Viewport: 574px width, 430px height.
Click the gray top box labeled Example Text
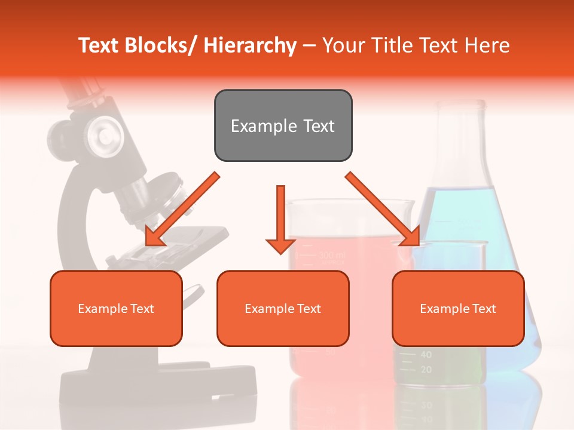(x=283, y=125)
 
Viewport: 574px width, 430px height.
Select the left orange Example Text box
(x=116, y=308)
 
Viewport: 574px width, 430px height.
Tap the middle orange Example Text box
(x=283, y=308)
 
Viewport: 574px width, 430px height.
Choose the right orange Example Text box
(x=458, y=308)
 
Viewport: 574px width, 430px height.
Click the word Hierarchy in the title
(x=250, y=45)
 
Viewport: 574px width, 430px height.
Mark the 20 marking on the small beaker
(x=425, y=370)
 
